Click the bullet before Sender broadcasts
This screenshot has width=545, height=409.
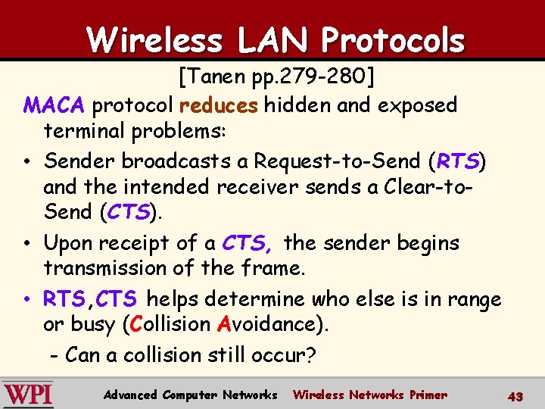pos(26,161)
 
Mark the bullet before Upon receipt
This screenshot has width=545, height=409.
pos(26,244)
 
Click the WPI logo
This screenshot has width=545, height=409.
pos(28,395)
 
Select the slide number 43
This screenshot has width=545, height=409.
pos(515,395)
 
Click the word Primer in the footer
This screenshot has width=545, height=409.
pos(428,395)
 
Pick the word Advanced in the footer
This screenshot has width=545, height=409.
pos(131,395)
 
